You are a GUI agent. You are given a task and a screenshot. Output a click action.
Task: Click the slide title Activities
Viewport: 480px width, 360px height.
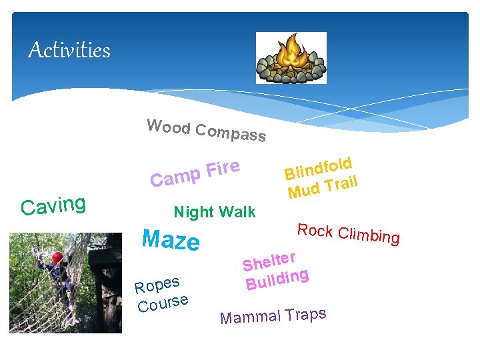tap(69, 50)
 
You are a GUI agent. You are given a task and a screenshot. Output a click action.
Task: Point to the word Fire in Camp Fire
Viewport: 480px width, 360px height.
tap(222, 168)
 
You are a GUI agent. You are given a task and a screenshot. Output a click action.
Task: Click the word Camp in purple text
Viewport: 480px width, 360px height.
tap(175, 177)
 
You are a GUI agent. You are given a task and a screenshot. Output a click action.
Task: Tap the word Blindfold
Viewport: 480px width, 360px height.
tap(318, 167)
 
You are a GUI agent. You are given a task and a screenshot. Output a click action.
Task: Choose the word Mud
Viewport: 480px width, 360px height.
tap(304, 191)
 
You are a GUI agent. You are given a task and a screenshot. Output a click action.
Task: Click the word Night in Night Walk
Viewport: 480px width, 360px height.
tap(193, 212)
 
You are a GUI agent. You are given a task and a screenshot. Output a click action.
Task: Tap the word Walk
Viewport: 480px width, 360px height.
tap(237, 212)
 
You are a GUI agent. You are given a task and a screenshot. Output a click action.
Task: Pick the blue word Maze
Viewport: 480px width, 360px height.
tap(171, 240)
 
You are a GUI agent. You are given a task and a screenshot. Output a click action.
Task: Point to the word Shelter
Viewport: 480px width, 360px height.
tap(268, 261)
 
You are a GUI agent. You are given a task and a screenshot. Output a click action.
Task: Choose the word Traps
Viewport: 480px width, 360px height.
tap(305, 313)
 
